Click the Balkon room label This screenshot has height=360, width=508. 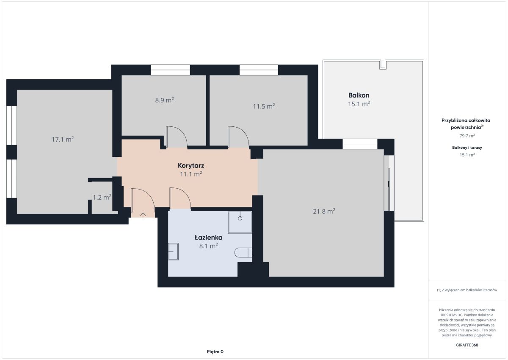pos(359,95)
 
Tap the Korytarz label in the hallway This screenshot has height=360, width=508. pos(191,165)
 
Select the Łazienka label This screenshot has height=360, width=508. pos(208,237)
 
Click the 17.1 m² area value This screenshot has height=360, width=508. pos(63,139)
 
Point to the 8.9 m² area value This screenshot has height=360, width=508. pos(164,100)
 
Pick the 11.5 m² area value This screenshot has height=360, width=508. pos(264,106)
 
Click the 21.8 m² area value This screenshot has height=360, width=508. pos(324,211)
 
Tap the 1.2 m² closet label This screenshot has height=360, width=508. pos(102,197)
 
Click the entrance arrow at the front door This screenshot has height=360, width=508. pos(143,215)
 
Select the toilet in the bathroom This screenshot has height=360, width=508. pos(243,252)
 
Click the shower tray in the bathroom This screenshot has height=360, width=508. pos(240,222)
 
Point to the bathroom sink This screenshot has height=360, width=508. pos(173,251)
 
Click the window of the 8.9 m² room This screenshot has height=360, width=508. pos(170,70)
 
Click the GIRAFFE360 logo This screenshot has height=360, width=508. pos(467,345)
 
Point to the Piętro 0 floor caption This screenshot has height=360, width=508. pos(215,352)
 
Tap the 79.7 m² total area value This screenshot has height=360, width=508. pos(467,136)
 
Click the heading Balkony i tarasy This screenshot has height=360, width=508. pos(467,148)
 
